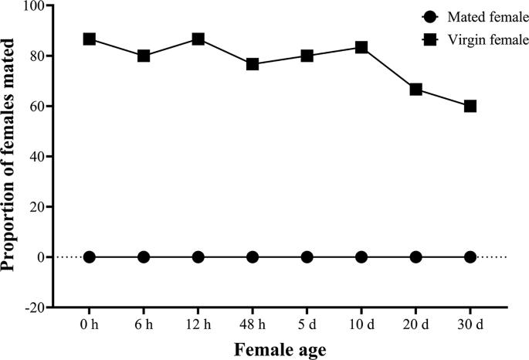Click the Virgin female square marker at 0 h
pyautogui.click(x=90, y=39)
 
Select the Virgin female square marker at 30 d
pyautogui.click(x=470, y=106)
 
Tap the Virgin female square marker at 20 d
pyautogui.click(x=415, y=90)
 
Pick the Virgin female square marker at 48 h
pyautogui.click(x=253, y=64)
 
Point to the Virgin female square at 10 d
pyautogui.click(x=361, y=47)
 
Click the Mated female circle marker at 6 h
pyautogui.click(x=144, y=256)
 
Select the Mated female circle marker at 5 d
pyautogui.click(x=307, y=256)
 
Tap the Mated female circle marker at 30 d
pyautogui.click(x=470, y=256)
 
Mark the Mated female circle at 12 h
pyautogui.click(x=198, y=256)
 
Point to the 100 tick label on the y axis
pyautogui.click(x=33, y=6)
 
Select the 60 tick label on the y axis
pyautogui.click(x=36, y=107)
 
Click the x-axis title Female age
pyautogui.click(x=280, y=349)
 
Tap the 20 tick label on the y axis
pyautogui.click(x=36, y=207)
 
